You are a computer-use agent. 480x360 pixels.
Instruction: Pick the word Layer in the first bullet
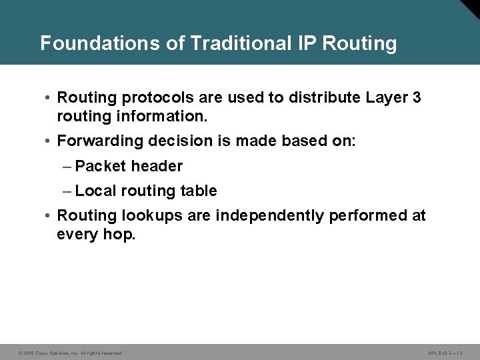(387, 98)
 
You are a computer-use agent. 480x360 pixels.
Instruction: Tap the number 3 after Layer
(417, 97)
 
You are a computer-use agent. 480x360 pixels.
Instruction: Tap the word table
(199, 191)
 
